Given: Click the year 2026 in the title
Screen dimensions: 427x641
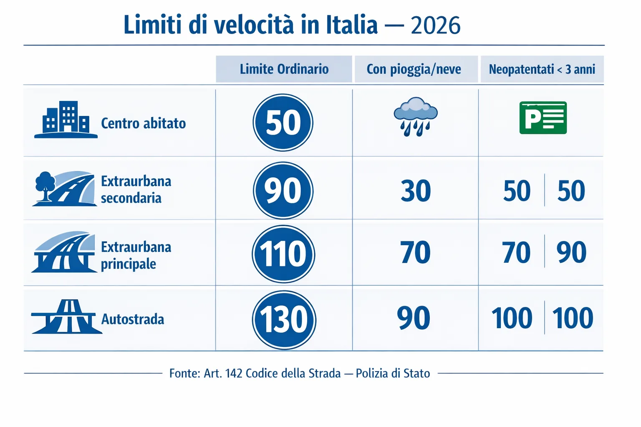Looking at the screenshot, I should click(435, 26).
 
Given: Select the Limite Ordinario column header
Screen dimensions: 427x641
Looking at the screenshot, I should click(284, 69).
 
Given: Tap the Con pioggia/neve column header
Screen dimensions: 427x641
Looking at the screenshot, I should click(414, 69).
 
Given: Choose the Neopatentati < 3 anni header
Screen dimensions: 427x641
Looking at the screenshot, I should click(542, 69).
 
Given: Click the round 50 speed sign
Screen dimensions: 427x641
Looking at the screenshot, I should click(283, 123).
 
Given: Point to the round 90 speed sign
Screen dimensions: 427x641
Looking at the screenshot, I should click(283, 191).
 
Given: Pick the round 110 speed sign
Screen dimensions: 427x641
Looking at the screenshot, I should click(283, 254).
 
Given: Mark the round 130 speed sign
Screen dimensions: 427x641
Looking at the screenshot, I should click(284, 320).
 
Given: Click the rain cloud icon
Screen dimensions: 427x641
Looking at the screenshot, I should click(416, 116).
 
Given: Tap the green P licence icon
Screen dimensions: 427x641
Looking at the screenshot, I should click(543, 118).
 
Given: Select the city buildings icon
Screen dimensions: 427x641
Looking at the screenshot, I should click(66, 120).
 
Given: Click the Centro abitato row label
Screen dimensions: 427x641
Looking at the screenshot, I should click(143, 123).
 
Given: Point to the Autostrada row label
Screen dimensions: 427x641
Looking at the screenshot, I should click(133, 319).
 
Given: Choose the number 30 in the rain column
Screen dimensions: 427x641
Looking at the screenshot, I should click(416, 191).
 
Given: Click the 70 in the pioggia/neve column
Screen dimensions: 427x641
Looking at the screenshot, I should click(415, 253).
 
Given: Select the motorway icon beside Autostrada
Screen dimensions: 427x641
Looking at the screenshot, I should click(67, 317).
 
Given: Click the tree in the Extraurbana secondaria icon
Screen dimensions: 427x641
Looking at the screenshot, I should click(45, 185).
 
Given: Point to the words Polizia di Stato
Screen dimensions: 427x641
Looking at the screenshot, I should click(393, 373).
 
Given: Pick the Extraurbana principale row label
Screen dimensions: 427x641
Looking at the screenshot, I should click(136, 255).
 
